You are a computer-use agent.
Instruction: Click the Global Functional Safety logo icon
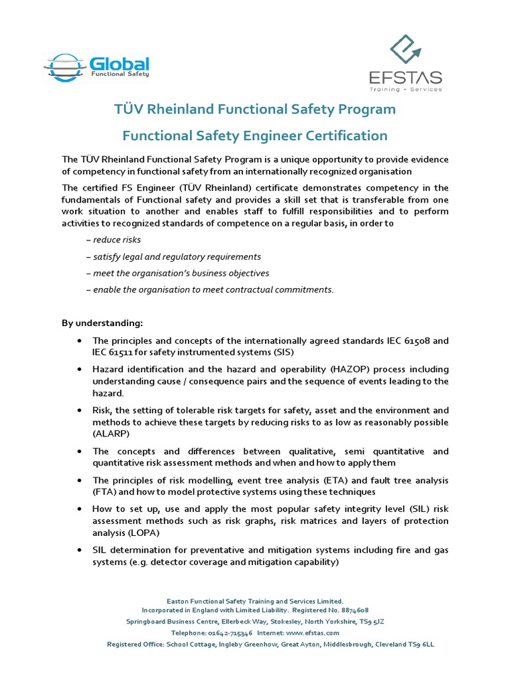[x=65, y=66]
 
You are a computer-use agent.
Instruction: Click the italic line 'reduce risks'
[x=114, y=240]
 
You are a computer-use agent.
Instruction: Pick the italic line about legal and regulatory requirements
[x=173, y=256]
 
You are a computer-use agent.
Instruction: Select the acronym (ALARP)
[x=112, y=434]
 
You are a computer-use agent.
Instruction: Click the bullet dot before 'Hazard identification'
[x=80, y=369]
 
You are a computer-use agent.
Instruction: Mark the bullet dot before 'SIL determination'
[x=80, y=550]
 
